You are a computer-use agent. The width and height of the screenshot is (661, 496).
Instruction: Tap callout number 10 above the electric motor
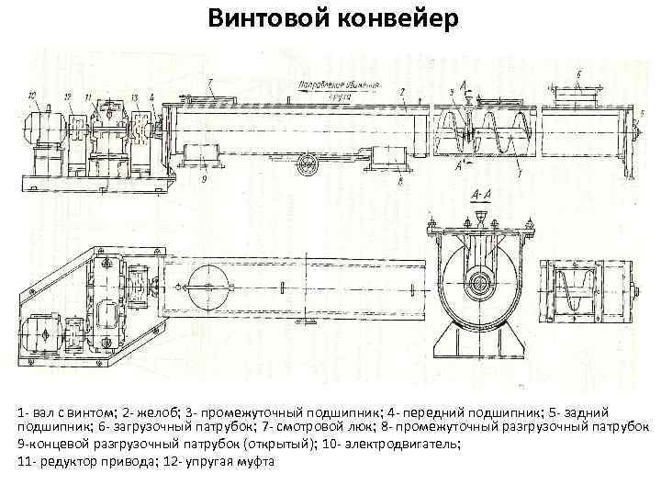pyautogui.click(x=32, y=96)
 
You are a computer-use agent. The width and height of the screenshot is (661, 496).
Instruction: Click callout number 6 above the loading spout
pyautogui.click(x=577, y=73)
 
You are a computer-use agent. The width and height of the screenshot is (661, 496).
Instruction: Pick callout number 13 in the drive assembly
pyautogui.click(x=134, y=96)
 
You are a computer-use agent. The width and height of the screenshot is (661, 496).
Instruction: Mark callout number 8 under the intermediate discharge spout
pyautogui.click(x=401, y=182)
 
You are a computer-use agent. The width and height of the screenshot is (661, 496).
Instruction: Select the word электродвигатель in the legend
pyautogui.click(x=403, y=444)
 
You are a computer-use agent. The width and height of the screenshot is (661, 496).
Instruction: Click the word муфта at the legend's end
pyautogui.click(x=254, y=460)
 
